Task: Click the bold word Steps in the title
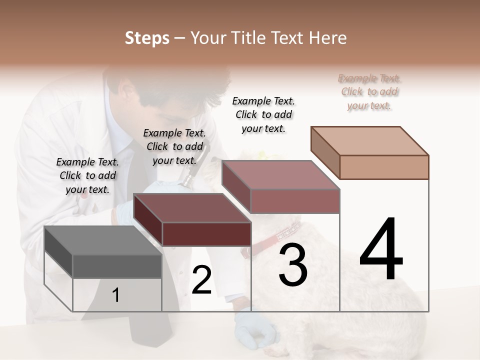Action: click(147, 38)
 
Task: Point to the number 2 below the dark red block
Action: click(201, 280)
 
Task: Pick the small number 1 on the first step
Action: click(115, 295)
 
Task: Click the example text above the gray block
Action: click(87, 175)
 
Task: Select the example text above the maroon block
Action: click(174, 146)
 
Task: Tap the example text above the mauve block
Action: click(263, 114)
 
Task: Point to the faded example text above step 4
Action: click(369, 91)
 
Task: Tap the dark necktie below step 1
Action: click(145, 335)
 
